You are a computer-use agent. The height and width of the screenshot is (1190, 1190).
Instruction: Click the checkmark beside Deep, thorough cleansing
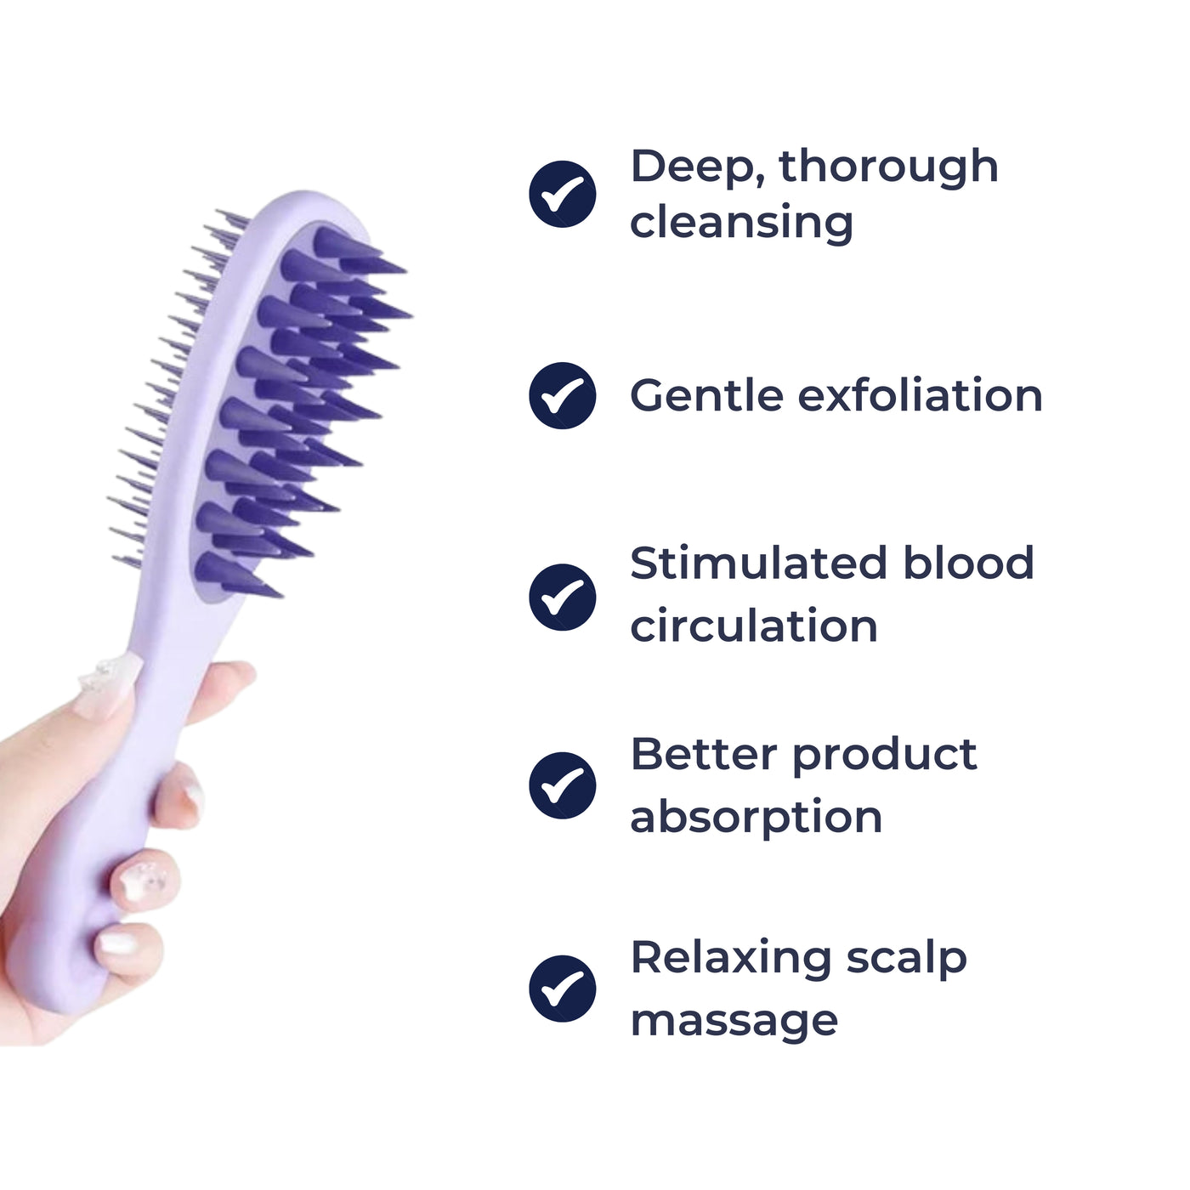(x=562, y=194)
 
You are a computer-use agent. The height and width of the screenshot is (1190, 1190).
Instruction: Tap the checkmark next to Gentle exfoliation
(x=562, y=395)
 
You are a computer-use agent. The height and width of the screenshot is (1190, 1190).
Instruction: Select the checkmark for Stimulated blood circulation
(x=562, y=597)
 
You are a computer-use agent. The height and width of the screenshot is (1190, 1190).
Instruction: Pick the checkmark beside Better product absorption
(x=562, y=785)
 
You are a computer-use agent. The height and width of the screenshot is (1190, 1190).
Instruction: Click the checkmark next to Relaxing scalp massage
(x=562, y=989)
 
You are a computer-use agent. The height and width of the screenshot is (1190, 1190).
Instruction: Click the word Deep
(x=696, y=167)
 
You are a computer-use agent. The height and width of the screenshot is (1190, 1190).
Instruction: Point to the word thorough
(x=888, y=167)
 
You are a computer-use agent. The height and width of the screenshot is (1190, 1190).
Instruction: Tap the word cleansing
(x=741, y=223)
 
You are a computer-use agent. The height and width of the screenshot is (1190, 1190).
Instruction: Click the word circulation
(x=754, y=626)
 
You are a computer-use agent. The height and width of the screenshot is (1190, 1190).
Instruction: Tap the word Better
(x=704, y=754)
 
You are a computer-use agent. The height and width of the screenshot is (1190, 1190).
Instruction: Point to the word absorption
(x=756, y=819)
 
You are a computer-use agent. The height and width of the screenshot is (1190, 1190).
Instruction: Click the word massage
(x=734, y=1020)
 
